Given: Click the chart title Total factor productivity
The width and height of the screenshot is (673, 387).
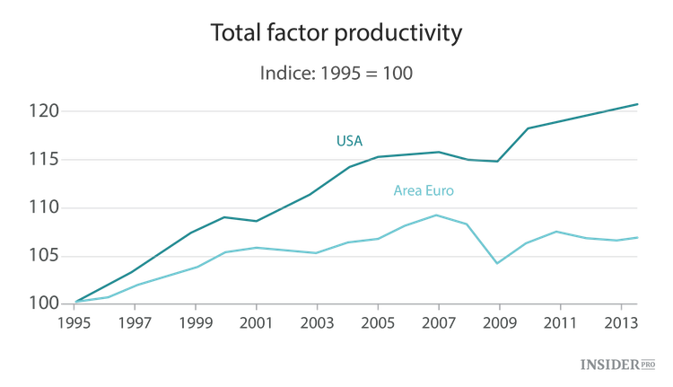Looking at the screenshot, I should (x=336, y=34).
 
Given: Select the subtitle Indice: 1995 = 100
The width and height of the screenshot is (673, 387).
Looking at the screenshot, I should (x=336, y=74).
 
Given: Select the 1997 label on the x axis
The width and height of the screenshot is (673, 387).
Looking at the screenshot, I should (x=135, y=321).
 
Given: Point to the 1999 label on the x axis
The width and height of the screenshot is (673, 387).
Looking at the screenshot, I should (x=197, y=321).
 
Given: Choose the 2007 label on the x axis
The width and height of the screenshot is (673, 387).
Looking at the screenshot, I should (x=437, y=321).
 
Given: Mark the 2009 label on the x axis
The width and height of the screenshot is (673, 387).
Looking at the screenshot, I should (x=498, y=321).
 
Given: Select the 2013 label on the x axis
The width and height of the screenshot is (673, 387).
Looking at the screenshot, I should (x=621, y=321).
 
